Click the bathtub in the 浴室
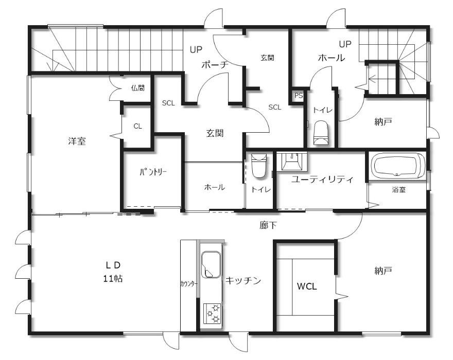397,166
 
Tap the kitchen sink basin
211,265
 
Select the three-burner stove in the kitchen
212,314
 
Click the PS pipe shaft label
299,95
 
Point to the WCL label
307,286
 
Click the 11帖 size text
113,278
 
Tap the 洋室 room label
77,141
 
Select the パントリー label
153,172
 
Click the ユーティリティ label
322,179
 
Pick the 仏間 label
138,88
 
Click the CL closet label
138,126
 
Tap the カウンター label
189,284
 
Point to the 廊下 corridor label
268,225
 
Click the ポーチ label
215,65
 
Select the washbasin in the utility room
292,161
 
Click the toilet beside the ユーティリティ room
259,166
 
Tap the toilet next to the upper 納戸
321,133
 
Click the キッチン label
243,280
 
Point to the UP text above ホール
345,44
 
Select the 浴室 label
398,190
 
